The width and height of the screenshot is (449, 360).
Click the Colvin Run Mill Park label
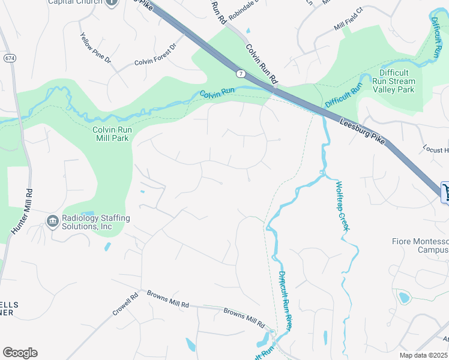112,133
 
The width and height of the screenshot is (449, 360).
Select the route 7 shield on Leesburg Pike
240,73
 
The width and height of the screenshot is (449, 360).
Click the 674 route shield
10,58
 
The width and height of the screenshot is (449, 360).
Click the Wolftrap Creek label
342,206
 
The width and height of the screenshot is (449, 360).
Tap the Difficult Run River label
286,299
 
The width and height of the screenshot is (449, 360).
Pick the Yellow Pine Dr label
95,47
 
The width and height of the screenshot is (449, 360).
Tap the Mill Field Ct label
349,28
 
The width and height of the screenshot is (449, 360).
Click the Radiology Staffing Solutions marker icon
53,222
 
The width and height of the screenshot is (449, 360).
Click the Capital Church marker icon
111,3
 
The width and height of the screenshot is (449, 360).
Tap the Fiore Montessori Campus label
420,245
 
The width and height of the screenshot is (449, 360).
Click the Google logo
20,353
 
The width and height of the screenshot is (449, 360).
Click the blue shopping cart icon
445,192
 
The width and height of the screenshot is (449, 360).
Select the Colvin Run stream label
216,95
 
